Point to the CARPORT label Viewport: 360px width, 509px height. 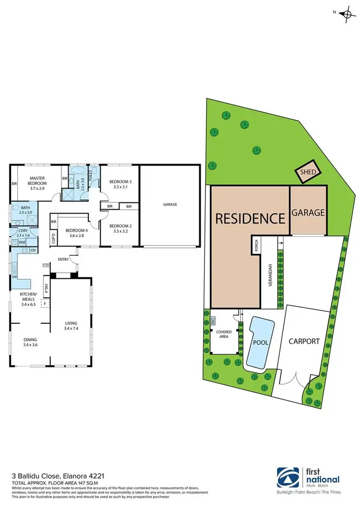(x=304, y=342)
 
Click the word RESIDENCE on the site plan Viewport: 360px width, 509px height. (x=250, y=219)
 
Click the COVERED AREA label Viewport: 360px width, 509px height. (x=224, y=334)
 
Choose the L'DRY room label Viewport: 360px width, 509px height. (x=22, y=232)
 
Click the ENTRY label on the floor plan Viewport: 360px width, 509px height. (x=63, y=260)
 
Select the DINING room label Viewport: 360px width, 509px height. (x=32, y=341)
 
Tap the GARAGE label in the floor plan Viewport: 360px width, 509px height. (x=170, y=204)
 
